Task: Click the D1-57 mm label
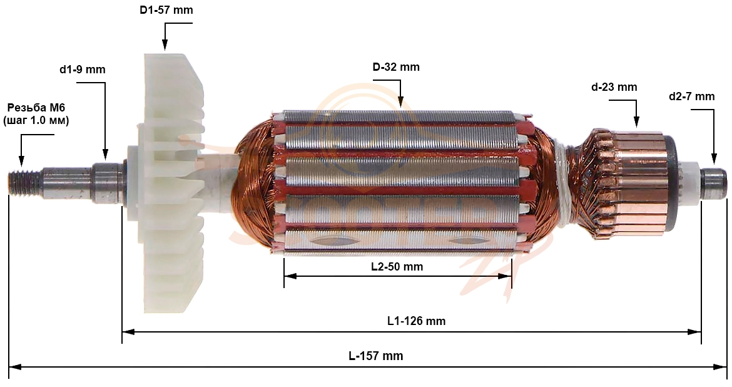[x=166, y=10]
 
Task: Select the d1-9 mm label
[x=82, y=70]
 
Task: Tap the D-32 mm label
[x=396, y=67]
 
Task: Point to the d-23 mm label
[x=614, y=87]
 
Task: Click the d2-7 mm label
[x=691, y=96]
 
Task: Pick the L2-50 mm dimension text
[x=397, y=266]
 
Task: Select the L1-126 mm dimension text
[x=417, y=321]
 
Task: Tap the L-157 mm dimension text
[x=376, y=356]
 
